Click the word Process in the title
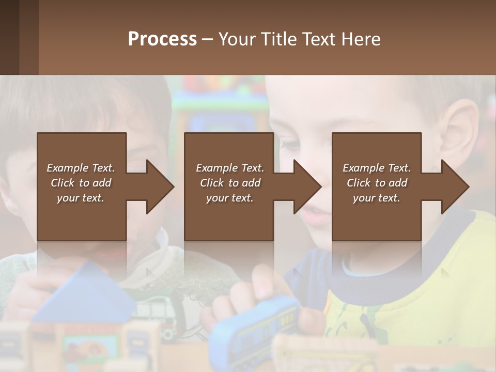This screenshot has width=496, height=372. click(162, 39)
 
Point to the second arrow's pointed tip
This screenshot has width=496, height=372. click(319, 187)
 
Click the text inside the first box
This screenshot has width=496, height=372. click(81, 183)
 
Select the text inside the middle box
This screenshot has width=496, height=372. click(230, 183)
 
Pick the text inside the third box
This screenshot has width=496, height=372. click(377, 183)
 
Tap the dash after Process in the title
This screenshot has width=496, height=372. click(207, 39)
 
